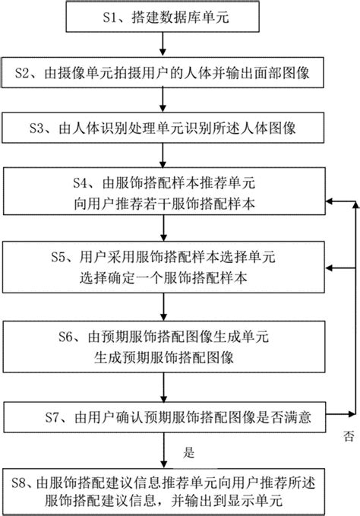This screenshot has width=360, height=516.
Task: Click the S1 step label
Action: pyautogui.click(x=110, y=17)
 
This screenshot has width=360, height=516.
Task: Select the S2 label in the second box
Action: pyautogui.click(x=23, y=73)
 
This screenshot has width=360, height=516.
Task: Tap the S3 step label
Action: pyautogui.click(x=36, y=128)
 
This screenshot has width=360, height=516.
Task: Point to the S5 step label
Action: pyautogui.click(x=58, y=257)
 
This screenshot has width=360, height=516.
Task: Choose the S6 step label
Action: pyautogui.click(x=66, y=337)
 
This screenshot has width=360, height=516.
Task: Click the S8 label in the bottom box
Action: pyautogui.click(x=19, y=483)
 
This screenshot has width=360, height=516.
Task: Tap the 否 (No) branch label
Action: pyautogui.click(x=349, y=436)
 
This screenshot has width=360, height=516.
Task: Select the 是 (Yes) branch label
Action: pyautogui.click(x=189, y=452)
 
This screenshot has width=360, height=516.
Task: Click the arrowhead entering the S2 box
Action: pyautogui.click(x=163, y=52)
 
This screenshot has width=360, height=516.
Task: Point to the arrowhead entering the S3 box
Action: pyautogui.click(x=163, y=108)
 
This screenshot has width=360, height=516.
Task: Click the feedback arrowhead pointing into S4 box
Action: pyautogui.click(x=330, y=201)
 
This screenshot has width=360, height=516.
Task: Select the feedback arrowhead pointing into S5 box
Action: pyautogui.click(x=330, y=268)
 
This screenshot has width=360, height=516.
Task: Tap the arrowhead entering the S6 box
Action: pyautogui.click(x=163, y=316)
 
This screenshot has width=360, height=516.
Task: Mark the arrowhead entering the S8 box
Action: pyautogui.click(x=163, y=464)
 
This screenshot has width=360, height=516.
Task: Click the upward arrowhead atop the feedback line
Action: pyautogui.click(x=355, y=204)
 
